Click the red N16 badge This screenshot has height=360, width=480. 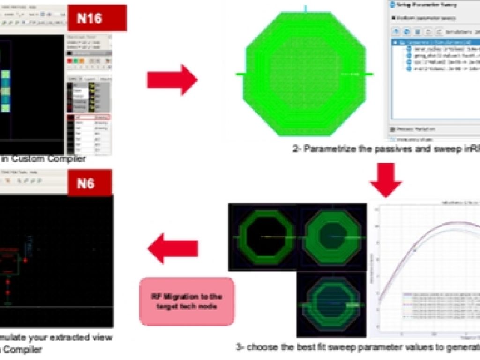(x=97, y=18)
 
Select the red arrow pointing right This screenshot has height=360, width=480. (x=172, y=80)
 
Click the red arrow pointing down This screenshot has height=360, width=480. (x=386, y=179)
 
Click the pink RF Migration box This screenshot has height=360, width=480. (x=187, y=301)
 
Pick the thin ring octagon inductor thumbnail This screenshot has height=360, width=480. (x=264, y=237)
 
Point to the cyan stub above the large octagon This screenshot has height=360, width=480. (x=305, y=8)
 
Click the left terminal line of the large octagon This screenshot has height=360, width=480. (x=240, y=74)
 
